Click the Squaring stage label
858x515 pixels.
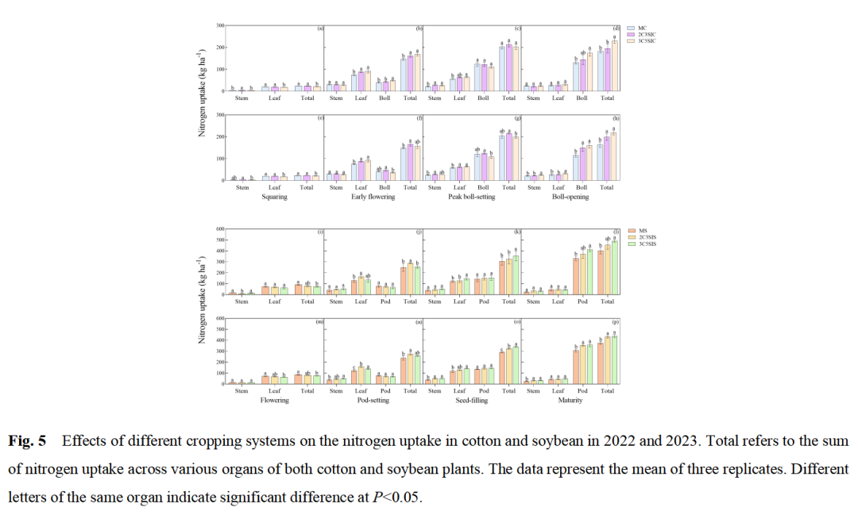click(x=274, y=197)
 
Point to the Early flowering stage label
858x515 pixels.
click(x=373, y=197)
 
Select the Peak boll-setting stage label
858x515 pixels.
click(x=471, y=197)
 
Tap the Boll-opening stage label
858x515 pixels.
click(x=570, y=197)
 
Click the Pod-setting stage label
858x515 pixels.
click(x=373, y=401)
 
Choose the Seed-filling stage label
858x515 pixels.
click(x=471, y=401)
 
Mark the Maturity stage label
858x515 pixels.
click(x=570, y=401)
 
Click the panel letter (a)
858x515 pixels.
click(x=320, y=29)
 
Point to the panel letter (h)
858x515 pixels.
click(x=616, y=118)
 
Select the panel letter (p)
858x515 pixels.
click(x=616, y=321)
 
